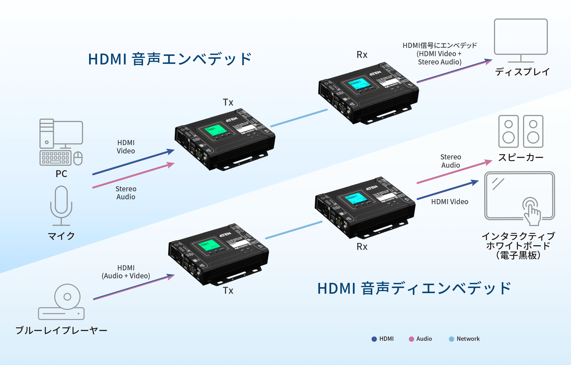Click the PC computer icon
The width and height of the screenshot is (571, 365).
(x=61, y=142)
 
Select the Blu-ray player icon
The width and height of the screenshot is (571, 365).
(x=61, y=302)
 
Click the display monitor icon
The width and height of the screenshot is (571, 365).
(x=521, y=40)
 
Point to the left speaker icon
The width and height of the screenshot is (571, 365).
(x=508, y=131)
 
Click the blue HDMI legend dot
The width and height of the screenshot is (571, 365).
(x=374, y=339)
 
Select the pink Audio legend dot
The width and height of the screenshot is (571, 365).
(x=411, y=339)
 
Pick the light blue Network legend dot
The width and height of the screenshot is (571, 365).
(x=451, y=339)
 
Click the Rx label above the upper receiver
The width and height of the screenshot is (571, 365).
(x=362, y=55)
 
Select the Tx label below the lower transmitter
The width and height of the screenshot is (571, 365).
(x=228, y=291)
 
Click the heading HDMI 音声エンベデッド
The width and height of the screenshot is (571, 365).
(x=170, y=59)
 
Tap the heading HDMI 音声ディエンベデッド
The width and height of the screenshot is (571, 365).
(x=414, y=288)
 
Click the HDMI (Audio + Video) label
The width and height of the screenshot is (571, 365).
(x=126, y=272)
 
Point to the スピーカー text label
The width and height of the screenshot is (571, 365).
(x=521, y=157)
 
